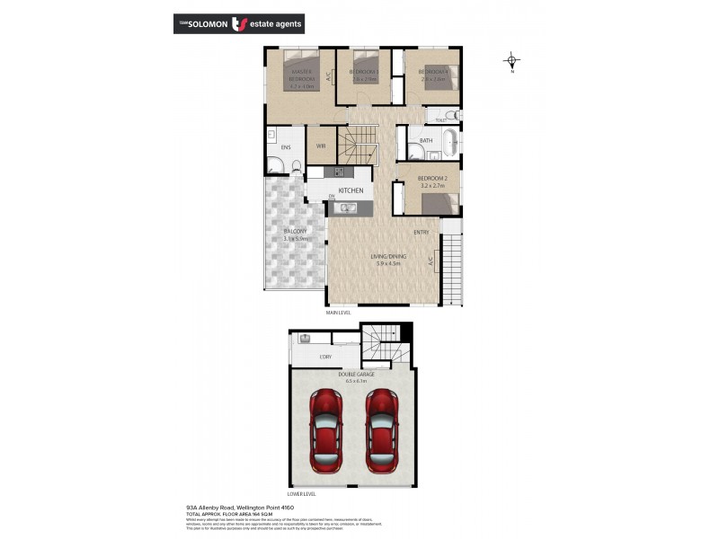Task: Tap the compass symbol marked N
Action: click(511, 62)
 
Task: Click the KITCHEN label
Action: click(351, 190)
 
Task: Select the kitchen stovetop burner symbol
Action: click(341, 172)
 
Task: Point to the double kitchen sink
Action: click(348, 208)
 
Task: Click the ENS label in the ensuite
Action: click(286, 146)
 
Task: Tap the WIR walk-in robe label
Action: click(321, 146)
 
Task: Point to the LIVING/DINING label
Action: click(389, 257)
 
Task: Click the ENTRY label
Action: click(421, 233)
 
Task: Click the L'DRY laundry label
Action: click(325, 358)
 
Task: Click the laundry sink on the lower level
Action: click(306, 340)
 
